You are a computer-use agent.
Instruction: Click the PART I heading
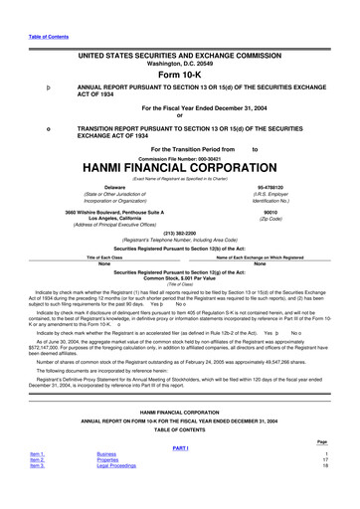pos(180,473)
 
